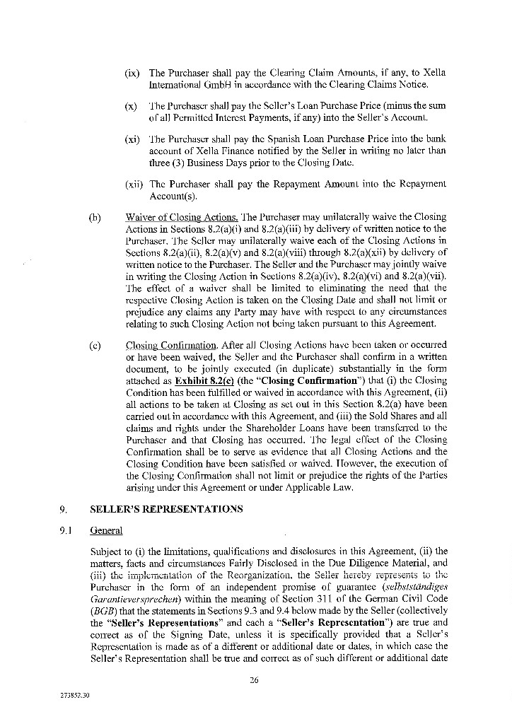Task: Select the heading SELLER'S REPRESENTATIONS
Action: [x=166, y=508]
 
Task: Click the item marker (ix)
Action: [x=132, y=73]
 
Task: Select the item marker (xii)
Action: [x=133, y=184]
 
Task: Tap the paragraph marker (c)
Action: [x=95, y=346]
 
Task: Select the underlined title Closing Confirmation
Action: [x=170, y=346]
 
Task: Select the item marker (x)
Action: [x=131, y=106]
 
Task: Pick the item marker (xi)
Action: [x=132, y=140]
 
